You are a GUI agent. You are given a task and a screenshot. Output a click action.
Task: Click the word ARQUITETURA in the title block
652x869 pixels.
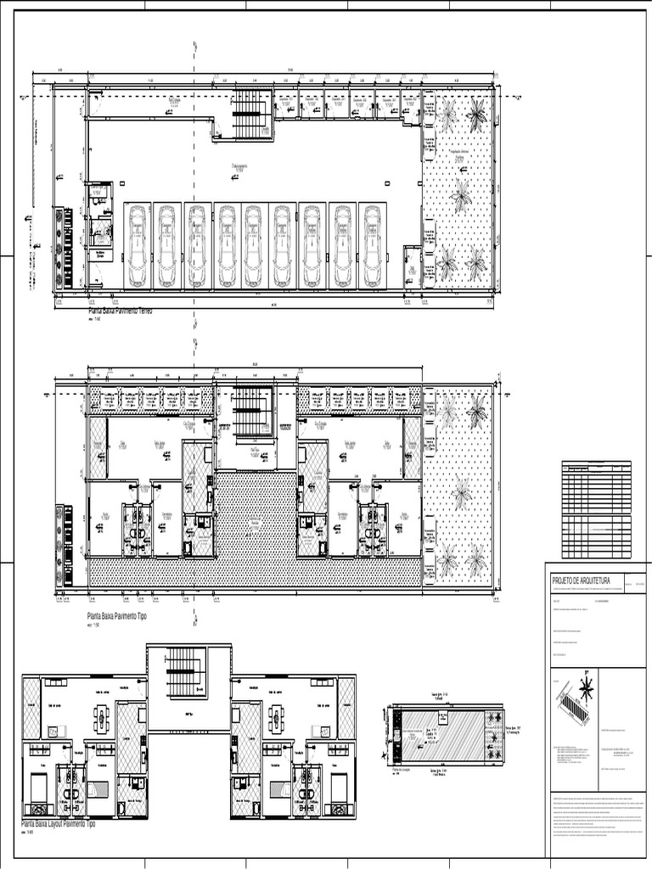point(593,580)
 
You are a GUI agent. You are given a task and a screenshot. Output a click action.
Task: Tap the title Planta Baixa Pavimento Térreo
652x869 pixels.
point(120,312)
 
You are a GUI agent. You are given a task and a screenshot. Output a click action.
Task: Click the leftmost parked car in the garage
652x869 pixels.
point(138,245)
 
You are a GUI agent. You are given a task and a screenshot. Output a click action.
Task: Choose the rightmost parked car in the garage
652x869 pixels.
point(372,245)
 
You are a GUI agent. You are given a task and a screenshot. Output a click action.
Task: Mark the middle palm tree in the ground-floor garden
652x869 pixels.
point(461,195)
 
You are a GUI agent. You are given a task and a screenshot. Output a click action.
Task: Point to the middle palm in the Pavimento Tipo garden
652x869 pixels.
point(461,491)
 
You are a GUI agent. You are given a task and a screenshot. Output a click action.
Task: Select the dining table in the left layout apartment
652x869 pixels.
point(101,719)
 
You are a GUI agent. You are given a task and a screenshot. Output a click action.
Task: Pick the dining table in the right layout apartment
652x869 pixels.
point(276,719)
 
